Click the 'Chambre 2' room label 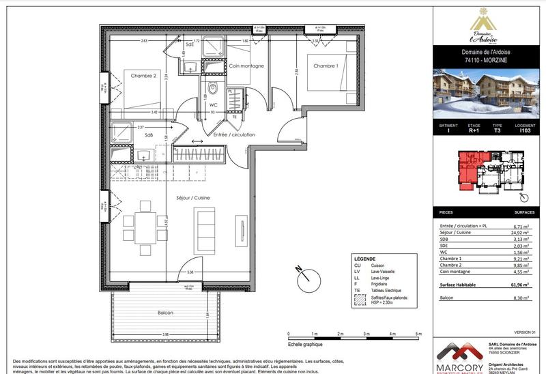(144, 76)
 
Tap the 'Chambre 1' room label (326, 66)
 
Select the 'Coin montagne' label (246, 66)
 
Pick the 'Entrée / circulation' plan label (234, 134)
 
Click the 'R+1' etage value (474, 131)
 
